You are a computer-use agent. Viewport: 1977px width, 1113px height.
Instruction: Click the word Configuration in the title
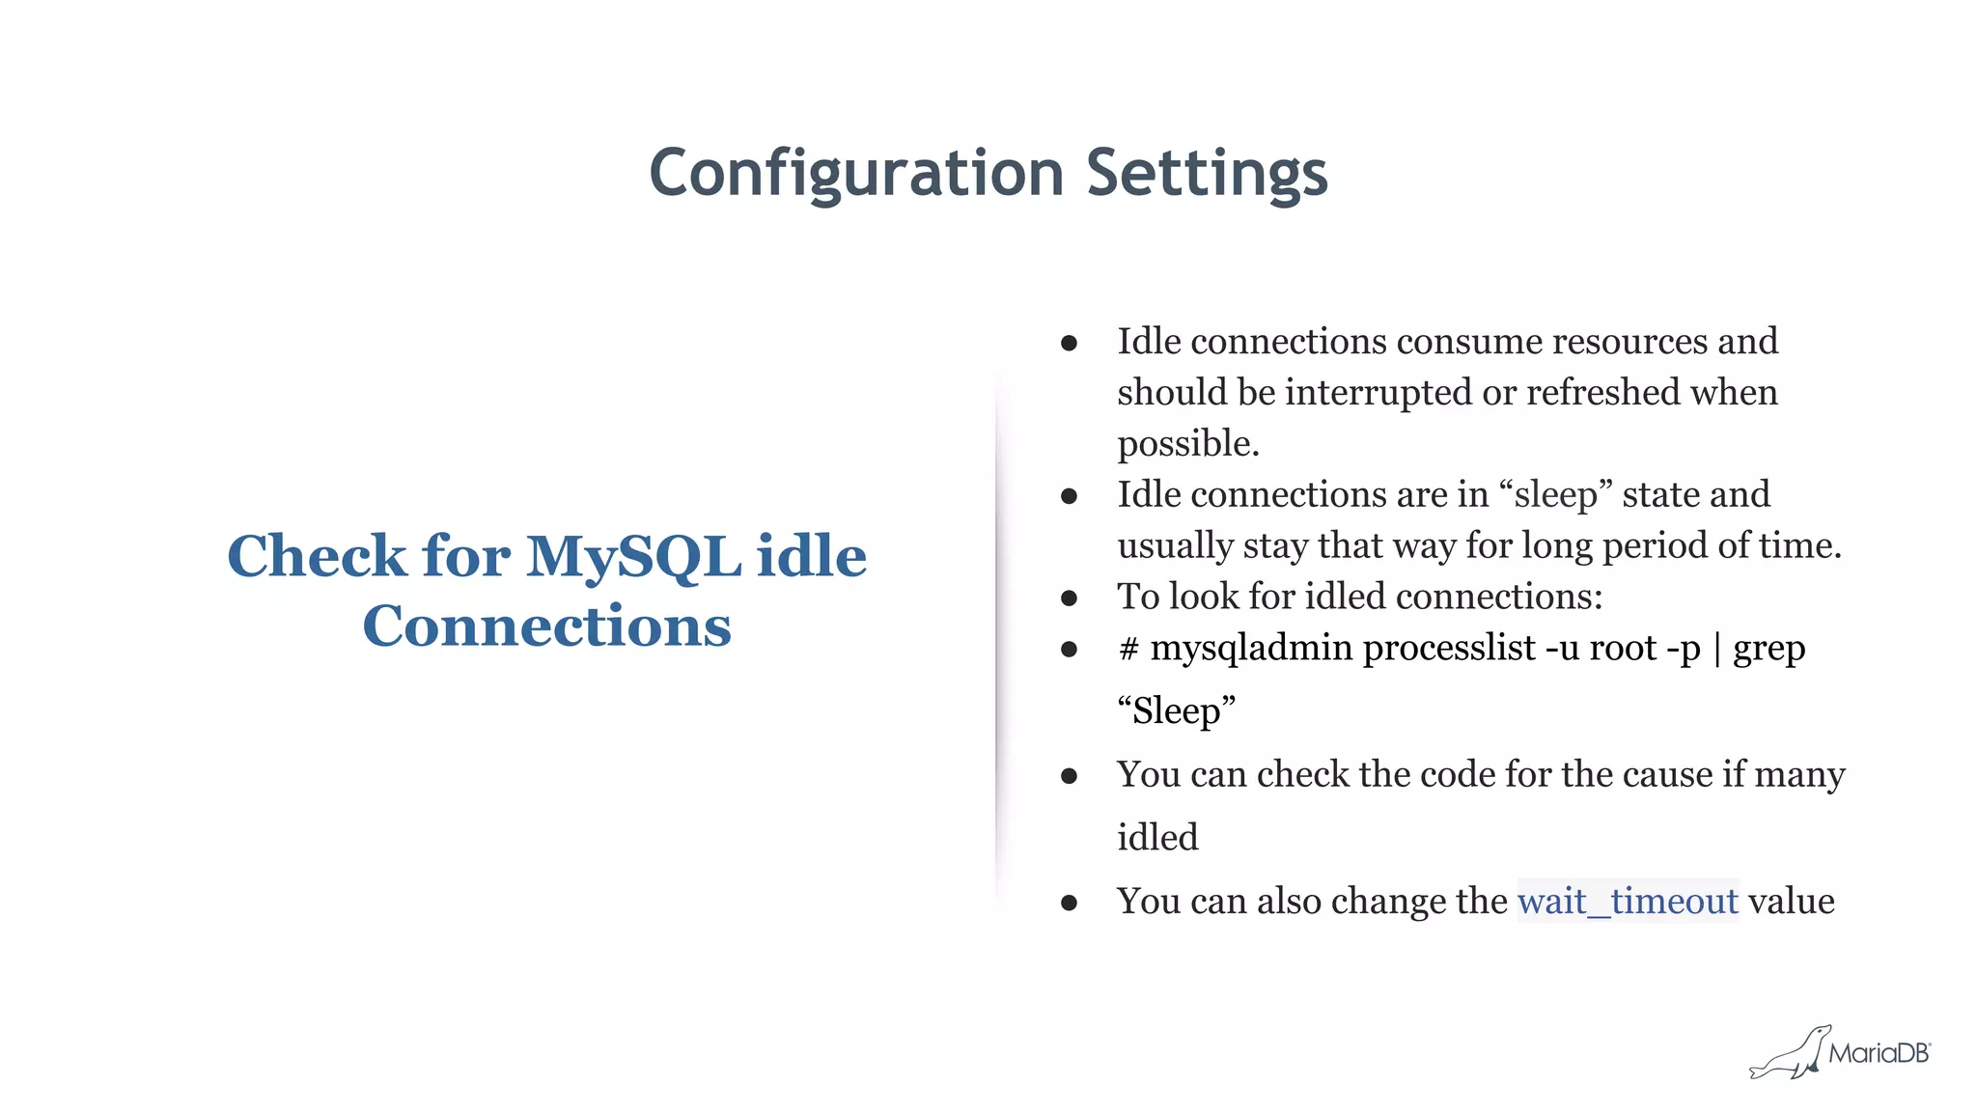click(856, 174)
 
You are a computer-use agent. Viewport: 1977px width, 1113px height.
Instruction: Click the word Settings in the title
click(1207, 174)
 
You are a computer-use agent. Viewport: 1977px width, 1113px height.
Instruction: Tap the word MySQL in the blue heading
click(634, 557)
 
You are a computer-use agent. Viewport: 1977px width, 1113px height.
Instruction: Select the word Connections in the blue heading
click(546, 626)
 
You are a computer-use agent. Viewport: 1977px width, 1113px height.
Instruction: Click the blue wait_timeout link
click(1628, 902)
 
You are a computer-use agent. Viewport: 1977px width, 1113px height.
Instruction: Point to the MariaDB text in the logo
click(1878, 1053)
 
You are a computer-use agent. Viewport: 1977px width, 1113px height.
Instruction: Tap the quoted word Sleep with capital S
click(1176, 711)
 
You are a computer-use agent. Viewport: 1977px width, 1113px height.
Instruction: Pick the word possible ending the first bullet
click(1187, 444)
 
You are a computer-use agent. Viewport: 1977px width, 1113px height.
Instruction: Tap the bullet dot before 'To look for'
click(1069, 598)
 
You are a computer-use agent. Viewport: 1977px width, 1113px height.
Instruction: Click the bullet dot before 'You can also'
click(1069, 904)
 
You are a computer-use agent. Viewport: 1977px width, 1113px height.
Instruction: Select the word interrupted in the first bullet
click(1378, 393)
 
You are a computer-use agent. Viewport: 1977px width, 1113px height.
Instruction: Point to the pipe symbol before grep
click(1717, 649)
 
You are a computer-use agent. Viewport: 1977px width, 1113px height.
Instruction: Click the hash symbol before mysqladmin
click(1128, 649)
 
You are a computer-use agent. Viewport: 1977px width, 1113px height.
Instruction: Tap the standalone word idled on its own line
click(1157, 837)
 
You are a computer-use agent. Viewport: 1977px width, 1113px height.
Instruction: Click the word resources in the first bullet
click(1629, 342)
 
